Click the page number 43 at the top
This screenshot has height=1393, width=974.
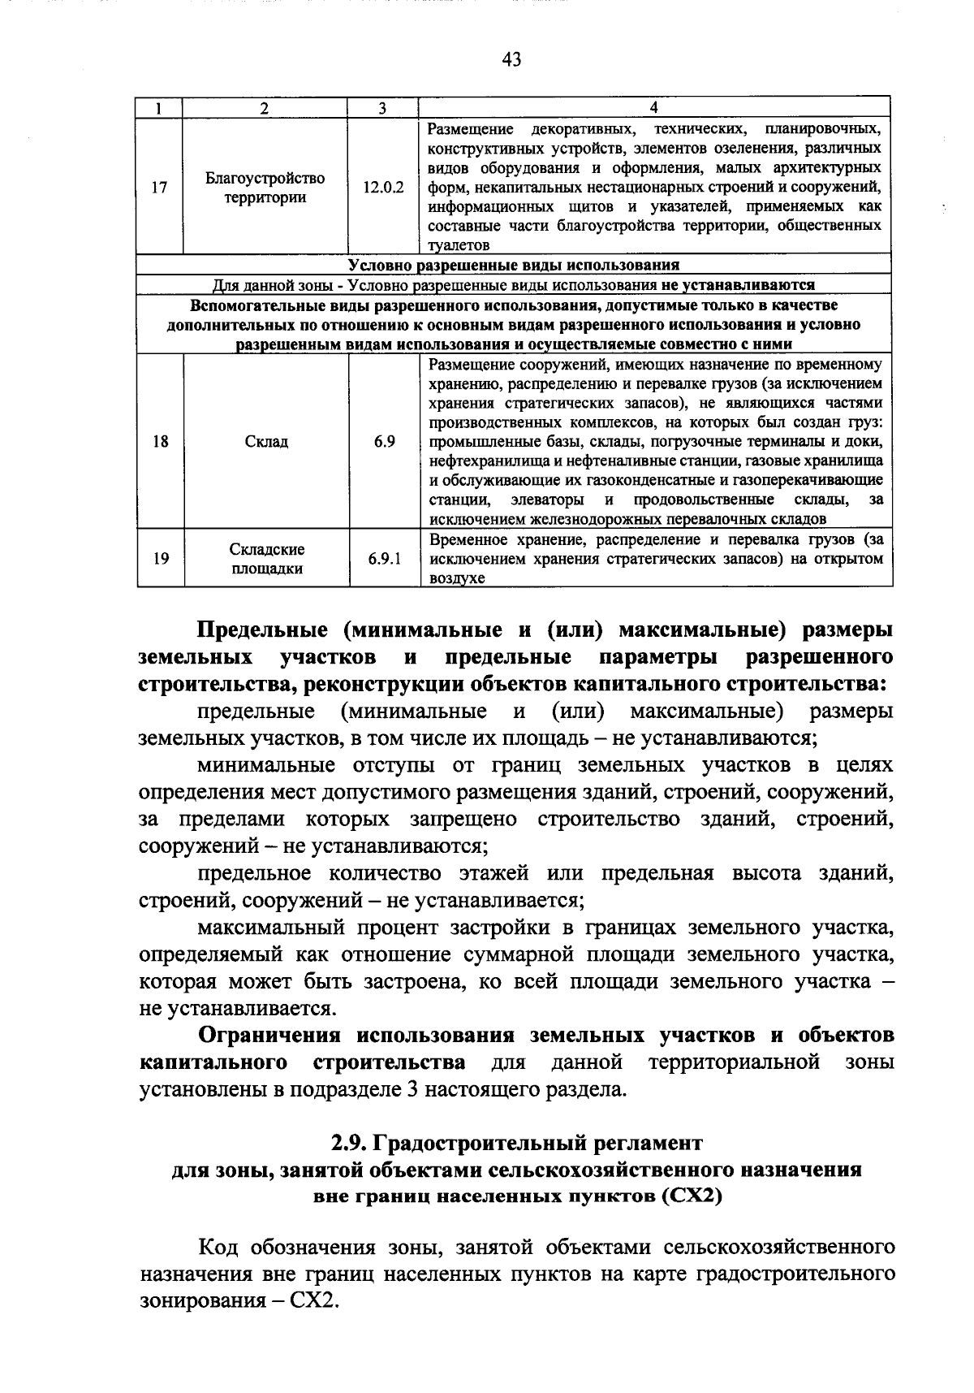click(x=511, y=59)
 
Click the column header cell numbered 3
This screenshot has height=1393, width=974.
click(x=382, y=109)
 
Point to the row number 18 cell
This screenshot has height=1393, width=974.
click(x=161, y=442)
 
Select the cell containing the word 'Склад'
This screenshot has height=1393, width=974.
click(x=266, y=442)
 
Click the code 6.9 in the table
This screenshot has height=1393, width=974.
click(x=384, y=442)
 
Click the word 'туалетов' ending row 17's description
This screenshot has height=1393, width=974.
click(x=459, y=245)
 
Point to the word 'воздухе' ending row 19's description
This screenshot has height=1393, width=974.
click(x=457, y=578)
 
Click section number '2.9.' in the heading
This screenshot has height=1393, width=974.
click(x=351, y=1144)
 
